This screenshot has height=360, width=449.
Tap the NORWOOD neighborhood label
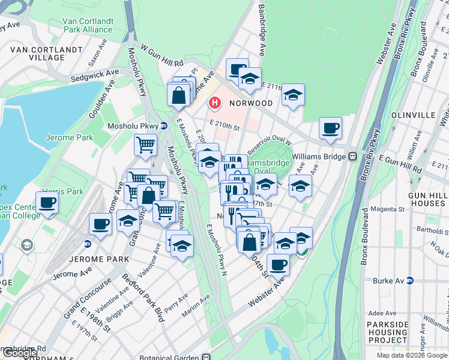(251, 103)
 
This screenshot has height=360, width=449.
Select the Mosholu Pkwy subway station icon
(163, 126)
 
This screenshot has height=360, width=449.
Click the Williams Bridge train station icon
(353, 157)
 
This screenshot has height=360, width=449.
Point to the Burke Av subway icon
(410, 280)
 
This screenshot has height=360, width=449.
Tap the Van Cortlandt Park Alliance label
(88, 25)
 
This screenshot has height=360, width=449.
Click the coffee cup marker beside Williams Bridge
(330, 128)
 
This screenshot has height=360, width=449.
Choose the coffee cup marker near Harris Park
(47, 202)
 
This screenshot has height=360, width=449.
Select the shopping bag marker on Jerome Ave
(179, 95)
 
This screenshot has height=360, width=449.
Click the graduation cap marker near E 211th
(292, 94)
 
